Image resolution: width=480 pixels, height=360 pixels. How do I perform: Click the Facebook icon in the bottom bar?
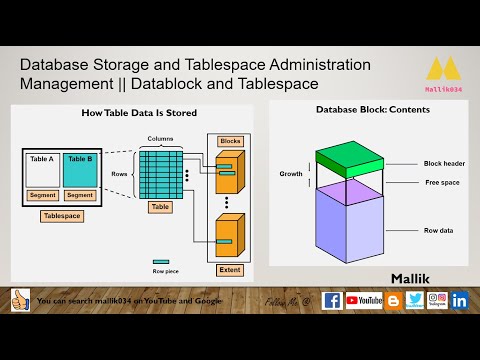point(332,300)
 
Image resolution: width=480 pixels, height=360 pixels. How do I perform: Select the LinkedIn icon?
point(459,300)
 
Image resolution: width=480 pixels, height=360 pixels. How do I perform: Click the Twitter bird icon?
point(414,300)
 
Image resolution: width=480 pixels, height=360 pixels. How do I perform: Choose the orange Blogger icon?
point(393,300)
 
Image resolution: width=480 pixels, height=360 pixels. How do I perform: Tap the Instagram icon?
point(437,300)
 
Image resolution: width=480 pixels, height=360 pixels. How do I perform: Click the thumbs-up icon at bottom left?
point(21,300)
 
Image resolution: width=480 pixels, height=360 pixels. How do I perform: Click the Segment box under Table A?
point(42,195)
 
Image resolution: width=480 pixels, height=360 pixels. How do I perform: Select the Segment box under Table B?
point(80,195)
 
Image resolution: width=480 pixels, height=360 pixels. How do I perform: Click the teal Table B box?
point(80,169)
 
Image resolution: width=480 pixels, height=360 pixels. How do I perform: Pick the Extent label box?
point(229,270)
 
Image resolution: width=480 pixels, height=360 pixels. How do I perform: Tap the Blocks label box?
point(230,141)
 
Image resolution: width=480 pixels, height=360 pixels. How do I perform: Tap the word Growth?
point(291,174)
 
